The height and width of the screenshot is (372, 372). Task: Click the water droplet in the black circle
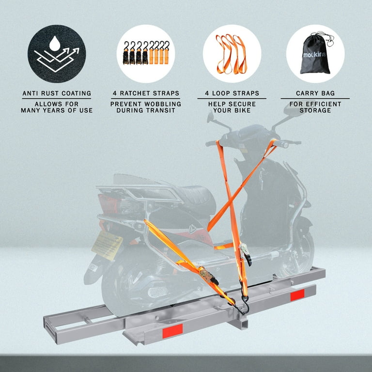pyautogui.click(x=55, y=44)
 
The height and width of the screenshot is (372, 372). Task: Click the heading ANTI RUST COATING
pyautogui.click(x=57, y=93)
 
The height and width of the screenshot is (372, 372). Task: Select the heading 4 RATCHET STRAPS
pyautogui.click(x=146, y=93)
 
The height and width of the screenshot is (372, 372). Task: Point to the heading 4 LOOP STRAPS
pyautogui.click(x=232, y=93)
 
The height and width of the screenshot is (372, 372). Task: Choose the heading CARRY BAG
pyautogui.click(x=315, y=93)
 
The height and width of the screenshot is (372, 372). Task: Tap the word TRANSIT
pyautogui.click(x=161, y=110)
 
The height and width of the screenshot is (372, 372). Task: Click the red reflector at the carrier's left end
pyautogui.click(x=172, y=331)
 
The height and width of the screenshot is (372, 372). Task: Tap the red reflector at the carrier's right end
pyautogui.click(x=297, y=295)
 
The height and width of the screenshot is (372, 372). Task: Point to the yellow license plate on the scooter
pyautogui.click(x=107, y=246)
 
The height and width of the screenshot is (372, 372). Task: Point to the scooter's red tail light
pyautogui.click(x=108, y=203)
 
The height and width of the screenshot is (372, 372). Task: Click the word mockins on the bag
pyautogui.click(x=314, y=55)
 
